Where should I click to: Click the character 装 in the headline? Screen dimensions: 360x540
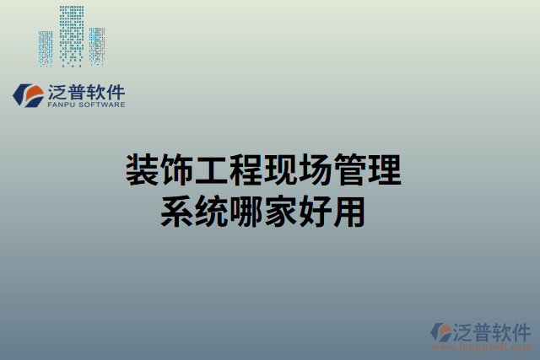pos(143,170)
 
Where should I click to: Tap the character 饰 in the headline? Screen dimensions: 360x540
pos(177,170)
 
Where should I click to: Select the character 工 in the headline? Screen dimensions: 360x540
pos(212,170)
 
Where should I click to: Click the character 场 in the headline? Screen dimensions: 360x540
pos(315,170)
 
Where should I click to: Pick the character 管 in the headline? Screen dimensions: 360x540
pos(349,170)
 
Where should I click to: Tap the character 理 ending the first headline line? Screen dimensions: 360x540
pos(384,170)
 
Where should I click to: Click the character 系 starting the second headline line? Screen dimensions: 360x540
pos(177,210)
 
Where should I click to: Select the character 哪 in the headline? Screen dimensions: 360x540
pos(246,210)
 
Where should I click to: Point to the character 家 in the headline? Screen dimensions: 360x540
pos(280,210)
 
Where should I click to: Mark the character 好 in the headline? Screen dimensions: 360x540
pos(315,210)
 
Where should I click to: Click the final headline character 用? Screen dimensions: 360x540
pos(349,210)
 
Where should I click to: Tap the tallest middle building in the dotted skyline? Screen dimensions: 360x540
pos(73,35)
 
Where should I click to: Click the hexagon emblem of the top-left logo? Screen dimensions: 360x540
pos(27,95)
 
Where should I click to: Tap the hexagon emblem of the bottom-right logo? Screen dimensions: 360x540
pos(441,332)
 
